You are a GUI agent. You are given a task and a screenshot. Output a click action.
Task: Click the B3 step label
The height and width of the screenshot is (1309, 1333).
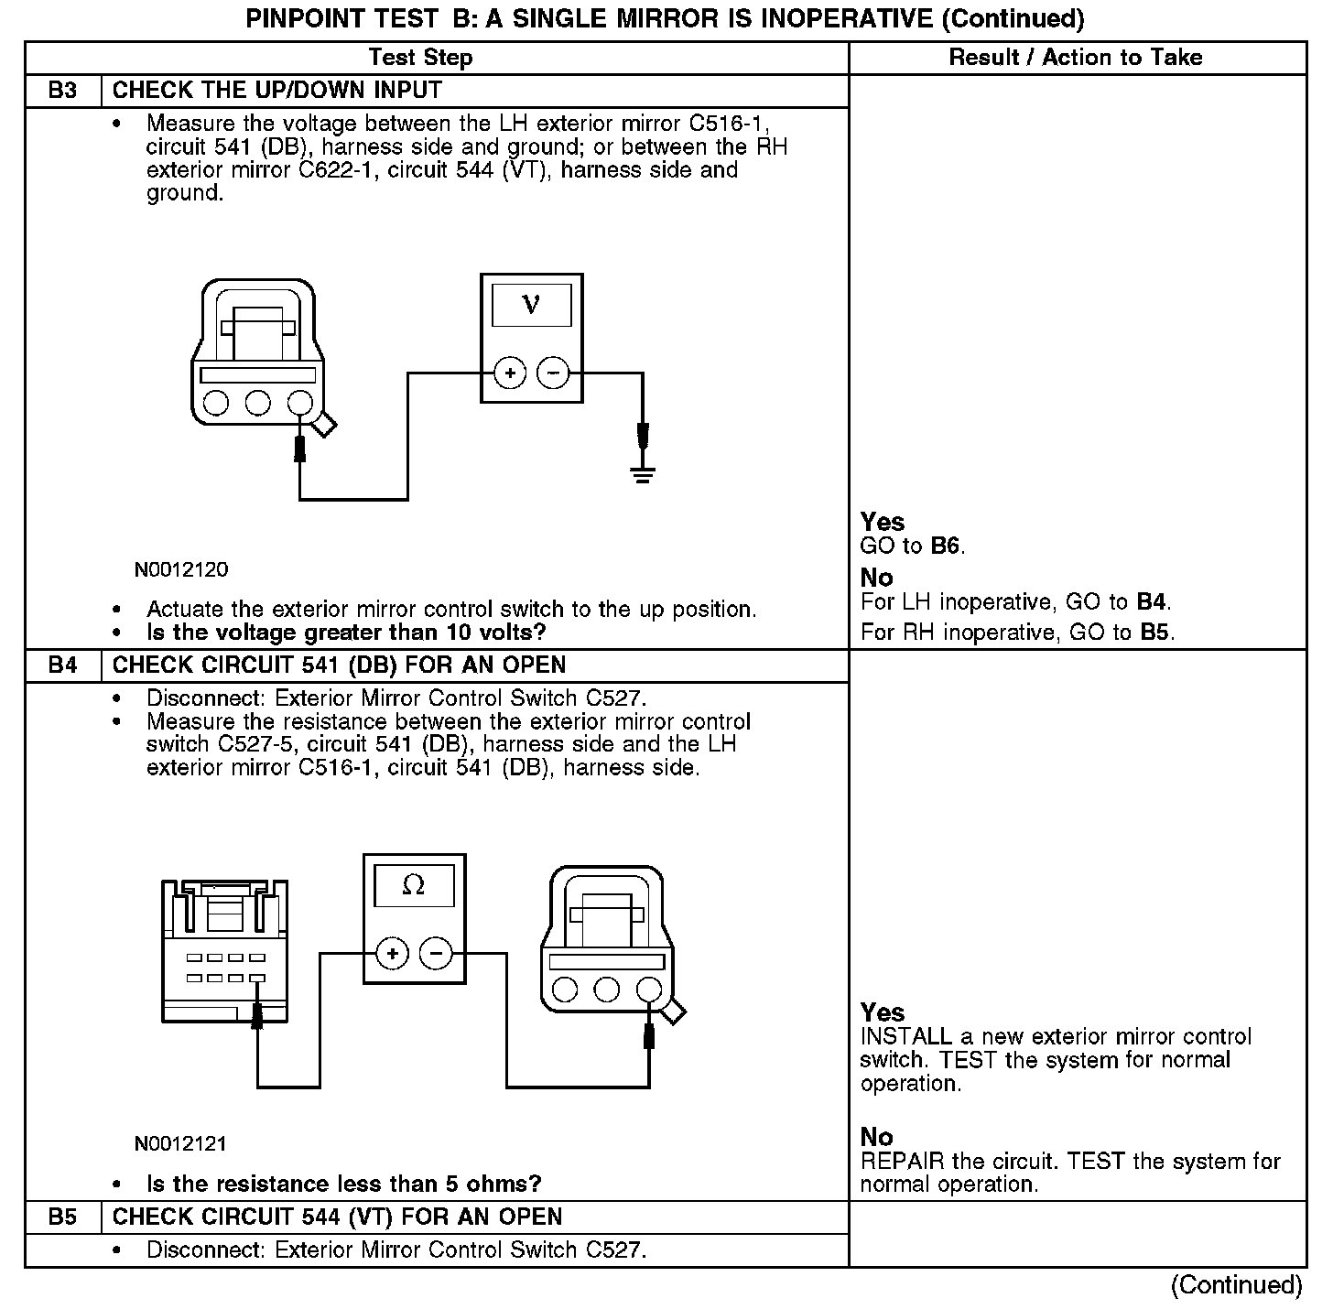coord(62,91)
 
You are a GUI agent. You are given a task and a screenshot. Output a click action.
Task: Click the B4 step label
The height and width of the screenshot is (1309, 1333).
coord(62,665)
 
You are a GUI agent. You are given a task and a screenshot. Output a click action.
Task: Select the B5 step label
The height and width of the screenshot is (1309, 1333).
coord(62,1217)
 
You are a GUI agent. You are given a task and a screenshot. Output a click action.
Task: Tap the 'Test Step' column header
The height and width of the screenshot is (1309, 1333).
coord(420,58)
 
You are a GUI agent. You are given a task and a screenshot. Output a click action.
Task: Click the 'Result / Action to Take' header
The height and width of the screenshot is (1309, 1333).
coord(1075,58)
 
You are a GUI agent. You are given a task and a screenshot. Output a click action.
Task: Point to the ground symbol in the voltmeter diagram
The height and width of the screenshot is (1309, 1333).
coord(642,473)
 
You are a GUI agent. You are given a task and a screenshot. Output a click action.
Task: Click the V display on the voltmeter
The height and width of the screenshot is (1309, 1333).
coord(531,305)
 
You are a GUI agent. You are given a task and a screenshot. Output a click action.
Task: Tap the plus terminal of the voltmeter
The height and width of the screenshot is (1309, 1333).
coord(509,373)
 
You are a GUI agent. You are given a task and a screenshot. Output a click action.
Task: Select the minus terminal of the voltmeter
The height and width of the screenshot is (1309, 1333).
coord(552,373)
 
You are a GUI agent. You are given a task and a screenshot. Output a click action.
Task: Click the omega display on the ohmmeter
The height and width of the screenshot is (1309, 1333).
coord(413,885)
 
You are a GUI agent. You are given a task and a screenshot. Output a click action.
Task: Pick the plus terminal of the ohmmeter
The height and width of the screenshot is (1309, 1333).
coord(392,954)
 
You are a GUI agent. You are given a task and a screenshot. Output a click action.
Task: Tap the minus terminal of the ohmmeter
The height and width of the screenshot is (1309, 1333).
coord(435,954)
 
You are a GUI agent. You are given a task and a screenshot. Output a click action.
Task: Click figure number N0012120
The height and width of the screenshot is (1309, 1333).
coord(181,570)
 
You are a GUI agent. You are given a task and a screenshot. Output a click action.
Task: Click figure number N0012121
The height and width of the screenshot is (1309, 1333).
coord(181,1144)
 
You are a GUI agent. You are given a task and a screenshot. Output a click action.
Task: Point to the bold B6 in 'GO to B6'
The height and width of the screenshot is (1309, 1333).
coord(946,546)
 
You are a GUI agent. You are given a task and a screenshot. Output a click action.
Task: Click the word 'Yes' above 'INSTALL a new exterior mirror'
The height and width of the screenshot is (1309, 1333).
coord(883,1012)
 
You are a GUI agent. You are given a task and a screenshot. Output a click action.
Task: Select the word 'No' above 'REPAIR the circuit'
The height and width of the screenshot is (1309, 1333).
coord(876,1137)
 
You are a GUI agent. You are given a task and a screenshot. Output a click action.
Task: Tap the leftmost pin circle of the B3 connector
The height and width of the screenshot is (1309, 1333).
coord(216,403)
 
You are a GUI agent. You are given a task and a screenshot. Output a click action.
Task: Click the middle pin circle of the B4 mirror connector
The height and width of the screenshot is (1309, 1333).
coord(606,989)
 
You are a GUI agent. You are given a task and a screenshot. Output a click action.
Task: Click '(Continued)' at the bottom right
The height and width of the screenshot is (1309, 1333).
coord(1236,1285)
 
